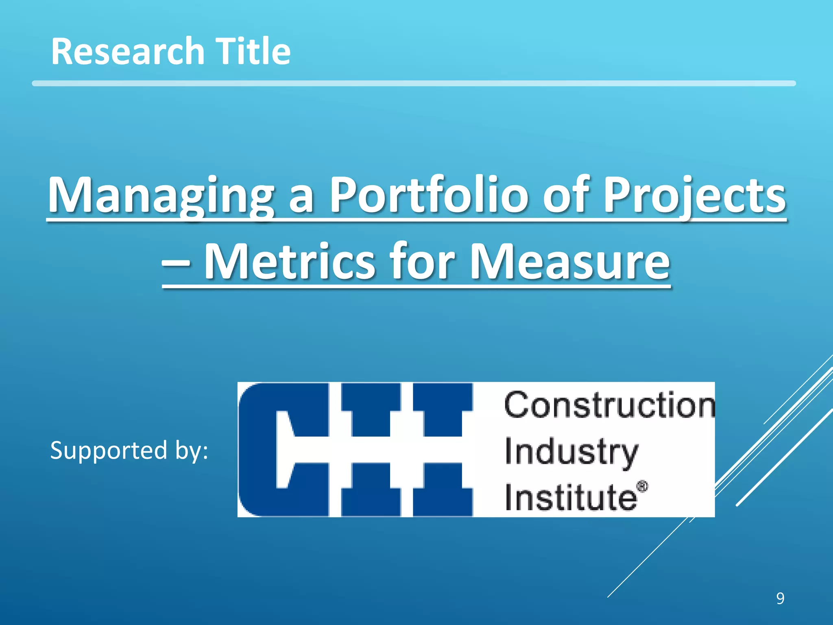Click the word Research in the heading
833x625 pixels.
[127, 51]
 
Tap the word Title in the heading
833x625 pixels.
[253, 51]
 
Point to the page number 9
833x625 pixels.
[780, 599]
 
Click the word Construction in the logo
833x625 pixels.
[609, 405]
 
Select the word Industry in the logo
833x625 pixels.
[571, 452]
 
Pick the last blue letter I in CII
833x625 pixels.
[443, 450]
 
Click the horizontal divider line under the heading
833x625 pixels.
[414, 83]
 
